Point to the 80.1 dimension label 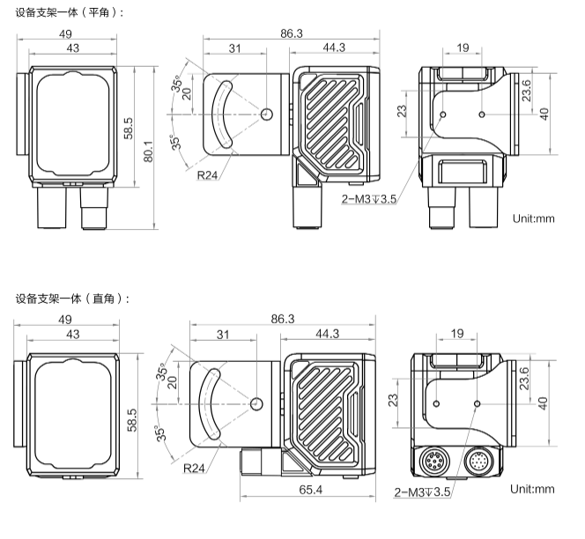[148, 151]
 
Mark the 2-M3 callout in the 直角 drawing [422, 491]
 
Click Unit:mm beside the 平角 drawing [533, 218]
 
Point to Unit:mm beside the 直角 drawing [533, 489]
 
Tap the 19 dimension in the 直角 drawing [457, 335]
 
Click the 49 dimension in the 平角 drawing [65, 33]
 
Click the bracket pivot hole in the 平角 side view [268, 113]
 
